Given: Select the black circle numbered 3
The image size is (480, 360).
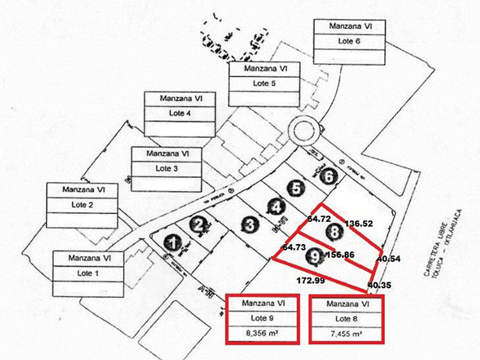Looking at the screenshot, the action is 249,225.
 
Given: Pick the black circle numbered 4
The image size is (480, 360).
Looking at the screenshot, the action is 277,207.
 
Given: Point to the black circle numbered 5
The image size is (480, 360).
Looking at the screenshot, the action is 295,188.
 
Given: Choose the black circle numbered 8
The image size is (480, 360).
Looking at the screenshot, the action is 334,231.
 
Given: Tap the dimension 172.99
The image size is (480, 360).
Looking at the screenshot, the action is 311,281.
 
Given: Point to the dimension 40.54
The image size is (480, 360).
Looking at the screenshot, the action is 388,259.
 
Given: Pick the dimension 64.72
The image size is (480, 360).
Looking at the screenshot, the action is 319,219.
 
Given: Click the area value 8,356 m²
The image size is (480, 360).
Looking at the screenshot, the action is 262,334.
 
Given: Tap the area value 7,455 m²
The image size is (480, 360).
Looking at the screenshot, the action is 346,334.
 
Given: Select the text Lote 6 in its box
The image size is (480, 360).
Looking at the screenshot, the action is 349,41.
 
